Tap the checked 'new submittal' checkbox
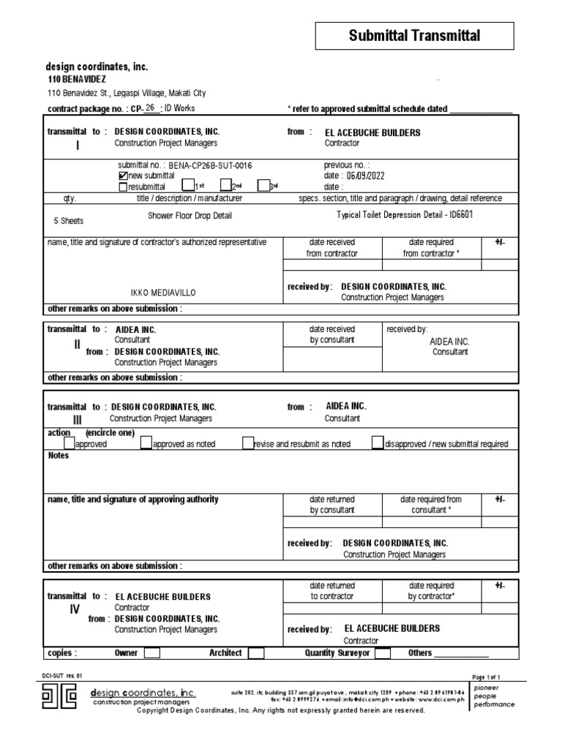[x=122, y=176]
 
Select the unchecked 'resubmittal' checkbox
[x=122, y=187]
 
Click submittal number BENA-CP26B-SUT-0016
[x=205, y=166]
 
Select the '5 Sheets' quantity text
[x=69, y=219]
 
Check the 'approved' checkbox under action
[x=69, y=443]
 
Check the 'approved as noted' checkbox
[x=146, y=443]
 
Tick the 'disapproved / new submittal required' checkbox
[x=377, y=443]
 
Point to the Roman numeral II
[x=77, y=344]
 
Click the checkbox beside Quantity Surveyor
[x=382, y=653]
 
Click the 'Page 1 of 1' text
[x=487, y=678]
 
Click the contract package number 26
[x=150, y=108]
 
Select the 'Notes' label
[x=58, y=456]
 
